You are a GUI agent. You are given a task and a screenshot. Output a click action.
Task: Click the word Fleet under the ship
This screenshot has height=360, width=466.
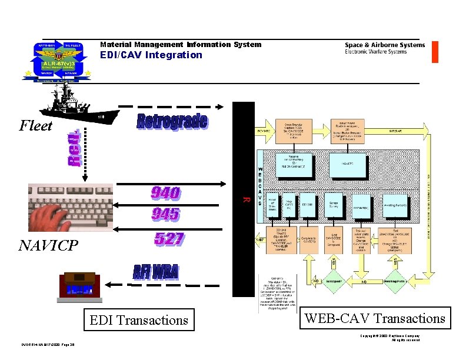(36, 126)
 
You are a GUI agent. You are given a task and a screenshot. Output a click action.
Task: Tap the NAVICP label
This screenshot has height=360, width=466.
(48, 245)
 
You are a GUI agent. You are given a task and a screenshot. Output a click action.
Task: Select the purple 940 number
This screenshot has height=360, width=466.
(165, 193)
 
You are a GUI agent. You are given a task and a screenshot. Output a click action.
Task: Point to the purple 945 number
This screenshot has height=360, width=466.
(165, 214)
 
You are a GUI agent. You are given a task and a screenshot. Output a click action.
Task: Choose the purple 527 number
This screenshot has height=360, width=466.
(169, 239)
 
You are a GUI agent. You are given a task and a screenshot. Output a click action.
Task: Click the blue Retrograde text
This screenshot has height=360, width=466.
(172, 122)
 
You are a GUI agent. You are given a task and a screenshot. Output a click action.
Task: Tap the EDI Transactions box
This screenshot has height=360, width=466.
(139, 320)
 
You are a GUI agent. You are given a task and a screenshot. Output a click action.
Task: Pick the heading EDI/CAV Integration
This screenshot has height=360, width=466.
(151, 55)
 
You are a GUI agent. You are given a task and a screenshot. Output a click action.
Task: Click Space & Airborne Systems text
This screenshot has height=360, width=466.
(384, 45)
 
